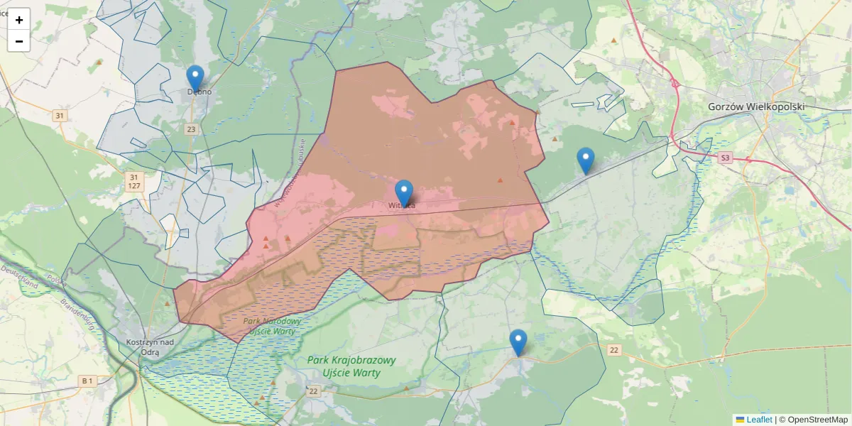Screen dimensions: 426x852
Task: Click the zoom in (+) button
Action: pyautogui.click(x=19, y=20)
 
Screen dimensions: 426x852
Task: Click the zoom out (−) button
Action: pyautogui.click(x=19, y=41)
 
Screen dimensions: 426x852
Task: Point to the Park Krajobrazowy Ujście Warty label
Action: pyautogui.click(x=351, y=366)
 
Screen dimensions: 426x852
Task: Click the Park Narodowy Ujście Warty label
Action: pyautogui.click(x=272, y=326)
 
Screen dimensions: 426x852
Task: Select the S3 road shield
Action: pyautogui.click(x=724, y=158)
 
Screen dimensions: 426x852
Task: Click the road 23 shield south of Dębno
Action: pyautogui.click(x=191, y=129)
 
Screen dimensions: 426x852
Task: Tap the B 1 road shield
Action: pyautogui.click(x=87, y=381)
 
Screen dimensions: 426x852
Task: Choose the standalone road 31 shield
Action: pyautogui.click(x=60, y=116)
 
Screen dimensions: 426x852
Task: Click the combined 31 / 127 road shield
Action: pyautogui.click(x=133, y=181)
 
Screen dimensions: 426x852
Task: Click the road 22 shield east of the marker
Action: pyautogui.click(x=614, y=350)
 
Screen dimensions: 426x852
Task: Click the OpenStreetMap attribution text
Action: pyautogui.click(x=817, y=420)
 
